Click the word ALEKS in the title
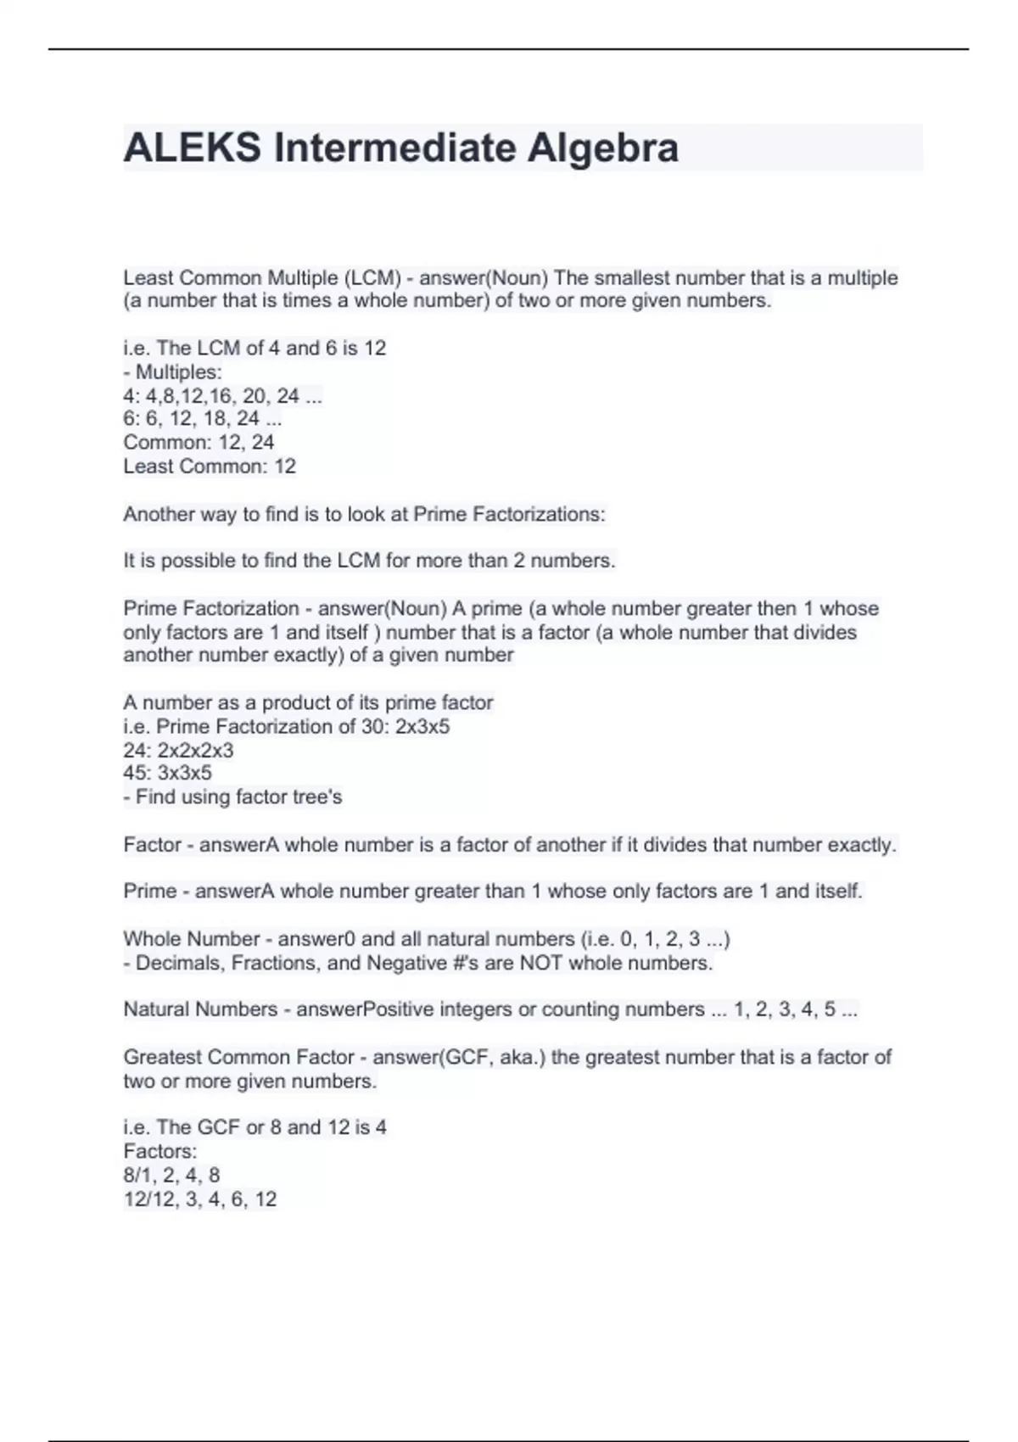(x=192, y=148)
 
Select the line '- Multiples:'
(x=173, y=372)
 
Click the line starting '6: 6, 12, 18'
(x=202, y=419)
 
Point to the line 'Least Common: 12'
(x=210, y=467)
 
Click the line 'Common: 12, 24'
(x=199, y=443)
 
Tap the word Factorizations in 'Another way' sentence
(x=539, y=515)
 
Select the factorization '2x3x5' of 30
(x=422, y=727)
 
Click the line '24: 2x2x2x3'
(x=178, y=751)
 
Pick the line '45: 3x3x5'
(x=167, y=774)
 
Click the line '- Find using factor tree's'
(x=232, y=797)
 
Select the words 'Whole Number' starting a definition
(x=192, y=939)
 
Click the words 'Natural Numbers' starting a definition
(x=200, y=1009)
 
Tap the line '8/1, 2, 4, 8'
(x=171, y=1176)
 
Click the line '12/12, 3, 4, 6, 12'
(x=200, y=1199)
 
